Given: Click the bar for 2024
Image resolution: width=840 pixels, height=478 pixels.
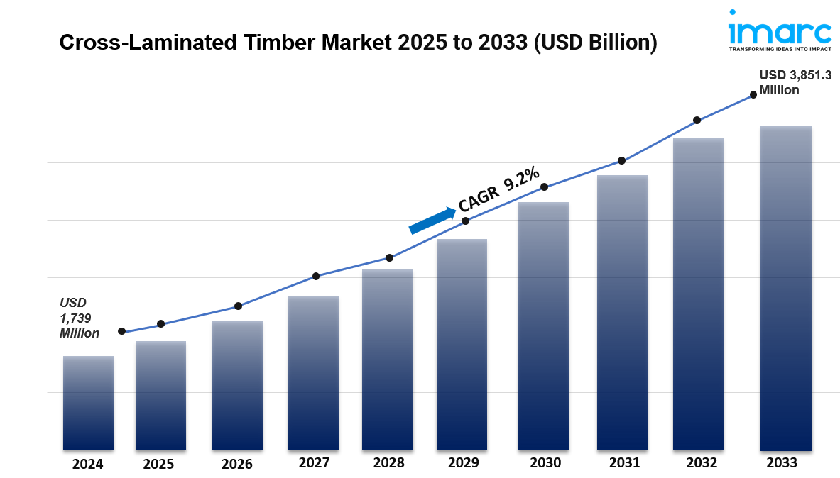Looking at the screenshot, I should tap(88, 403).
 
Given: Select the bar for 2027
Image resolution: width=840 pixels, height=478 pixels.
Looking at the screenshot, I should tap(313, 373).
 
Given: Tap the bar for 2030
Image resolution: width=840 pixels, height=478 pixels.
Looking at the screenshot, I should tap(543, 326).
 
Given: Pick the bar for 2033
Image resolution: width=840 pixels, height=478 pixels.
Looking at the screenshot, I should tap(785, 289).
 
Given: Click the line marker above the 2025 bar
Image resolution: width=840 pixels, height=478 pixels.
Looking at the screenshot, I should tap(160, 324).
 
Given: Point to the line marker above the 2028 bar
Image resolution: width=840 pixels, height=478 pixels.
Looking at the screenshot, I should tap(389, 257).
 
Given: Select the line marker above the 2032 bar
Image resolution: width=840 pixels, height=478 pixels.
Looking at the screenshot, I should tap(697, 121).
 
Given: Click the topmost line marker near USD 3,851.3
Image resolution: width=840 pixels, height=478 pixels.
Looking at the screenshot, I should tap(753, 94).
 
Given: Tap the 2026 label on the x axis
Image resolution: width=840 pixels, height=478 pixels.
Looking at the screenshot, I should tap(236, 465).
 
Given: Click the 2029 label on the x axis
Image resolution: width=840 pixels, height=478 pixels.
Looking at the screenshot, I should tap(463, 463).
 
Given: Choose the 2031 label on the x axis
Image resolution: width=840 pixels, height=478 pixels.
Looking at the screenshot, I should tap(624, 463).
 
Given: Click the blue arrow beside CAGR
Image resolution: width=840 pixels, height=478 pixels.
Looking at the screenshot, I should tap(432, 220).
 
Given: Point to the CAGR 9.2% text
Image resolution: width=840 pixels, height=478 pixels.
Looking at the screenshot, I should tap(499, 190).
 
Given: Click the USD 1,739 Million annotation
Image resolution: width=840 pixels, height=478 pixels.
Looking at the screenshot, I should tap(79, 318).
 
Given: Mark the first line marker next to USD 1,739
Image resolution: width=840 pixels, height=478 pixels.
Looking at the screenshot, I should tap(121, 331).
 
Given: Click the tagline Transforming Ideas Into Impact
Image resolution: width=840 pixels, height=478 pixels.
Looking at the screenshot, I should tap(780, 50).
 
